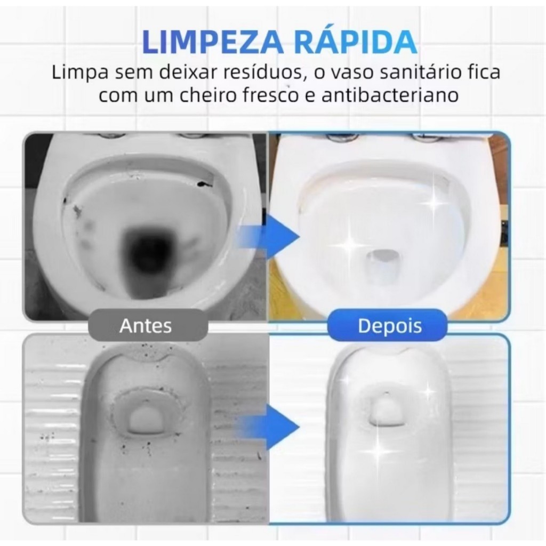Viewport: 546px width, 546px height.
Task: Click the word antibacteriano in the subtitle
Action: tap(390, 95)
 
